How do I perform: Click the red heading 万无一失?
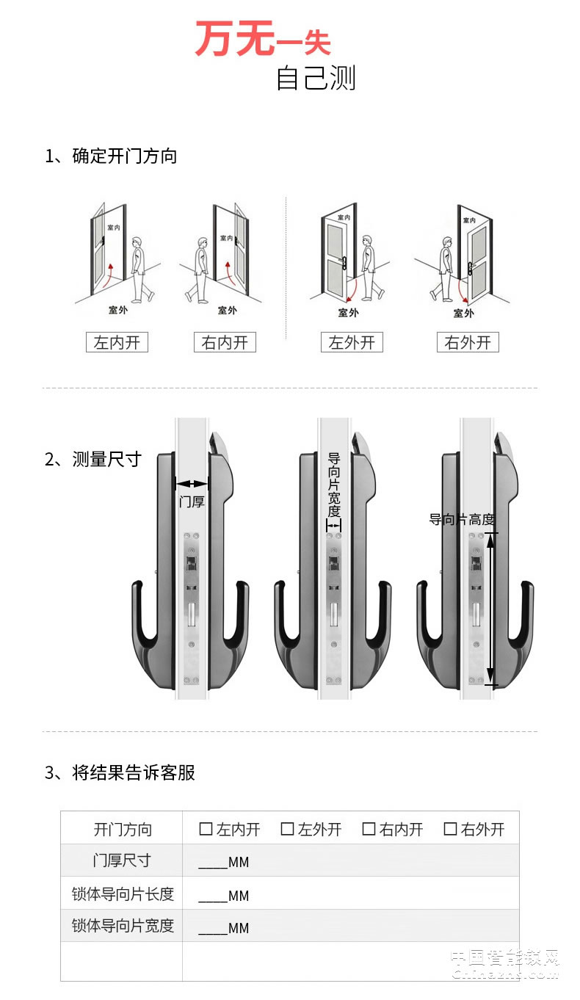263,40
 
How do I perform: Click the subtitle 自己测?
315,78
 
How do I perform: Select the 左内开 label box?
117,342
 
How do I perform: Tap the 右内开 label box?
225,342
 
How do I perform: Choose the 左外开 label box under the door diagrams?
352,342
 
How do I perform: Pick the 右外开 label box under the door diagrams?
468,342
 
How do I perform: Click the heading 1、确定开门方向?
111,156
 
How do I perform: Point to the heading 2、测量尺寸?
93,460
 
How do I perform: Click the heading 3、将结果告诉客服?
120,772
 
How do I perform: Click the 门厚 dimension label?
192,502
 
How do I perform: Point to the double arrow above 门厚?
192,483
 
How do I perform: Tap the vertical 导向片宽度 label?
334,484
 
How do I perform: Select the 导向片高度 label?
462,520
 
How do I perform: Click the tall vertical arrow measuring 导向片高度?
490,609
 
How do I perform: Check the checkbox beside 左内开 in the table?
206,829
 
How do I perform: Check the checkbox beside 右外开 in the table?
450,829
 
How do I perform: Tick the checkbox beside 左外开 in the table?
287,829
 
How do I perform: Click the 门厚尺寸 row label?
122,860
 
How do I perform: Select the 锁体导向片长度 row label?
123,894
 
